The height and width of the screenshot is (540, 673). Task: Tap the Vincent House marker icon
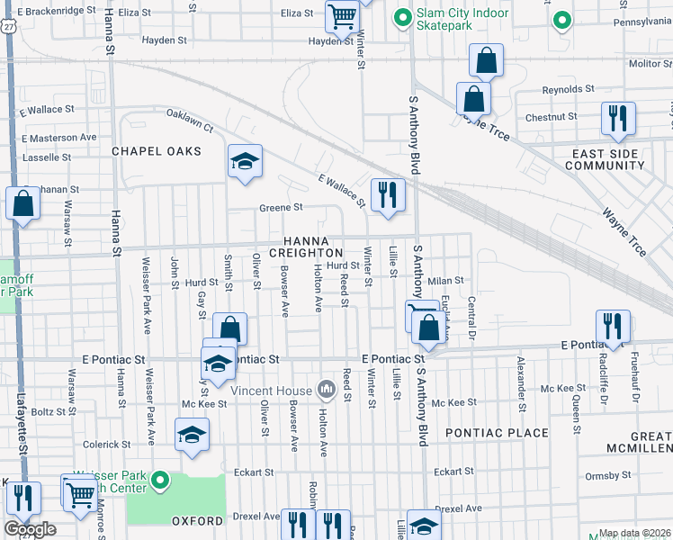(327, 390)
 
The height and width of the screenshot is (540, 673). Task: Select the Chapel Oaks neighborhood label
(156, 151)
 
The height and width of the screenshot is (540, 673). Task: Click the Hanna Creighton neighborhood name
(313, 247)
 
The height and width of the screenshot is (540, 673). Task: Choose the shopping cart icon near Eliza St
(342, 15)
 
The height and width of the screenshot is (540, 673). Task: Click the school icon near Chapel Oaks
(245, 162)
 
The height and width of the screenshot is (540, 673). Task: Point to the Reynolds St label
(568, 90)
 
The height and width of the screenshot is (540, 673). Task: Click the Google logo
(30, 529)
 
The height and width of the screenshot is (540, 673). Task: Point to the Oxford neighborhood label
(197, 521)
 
